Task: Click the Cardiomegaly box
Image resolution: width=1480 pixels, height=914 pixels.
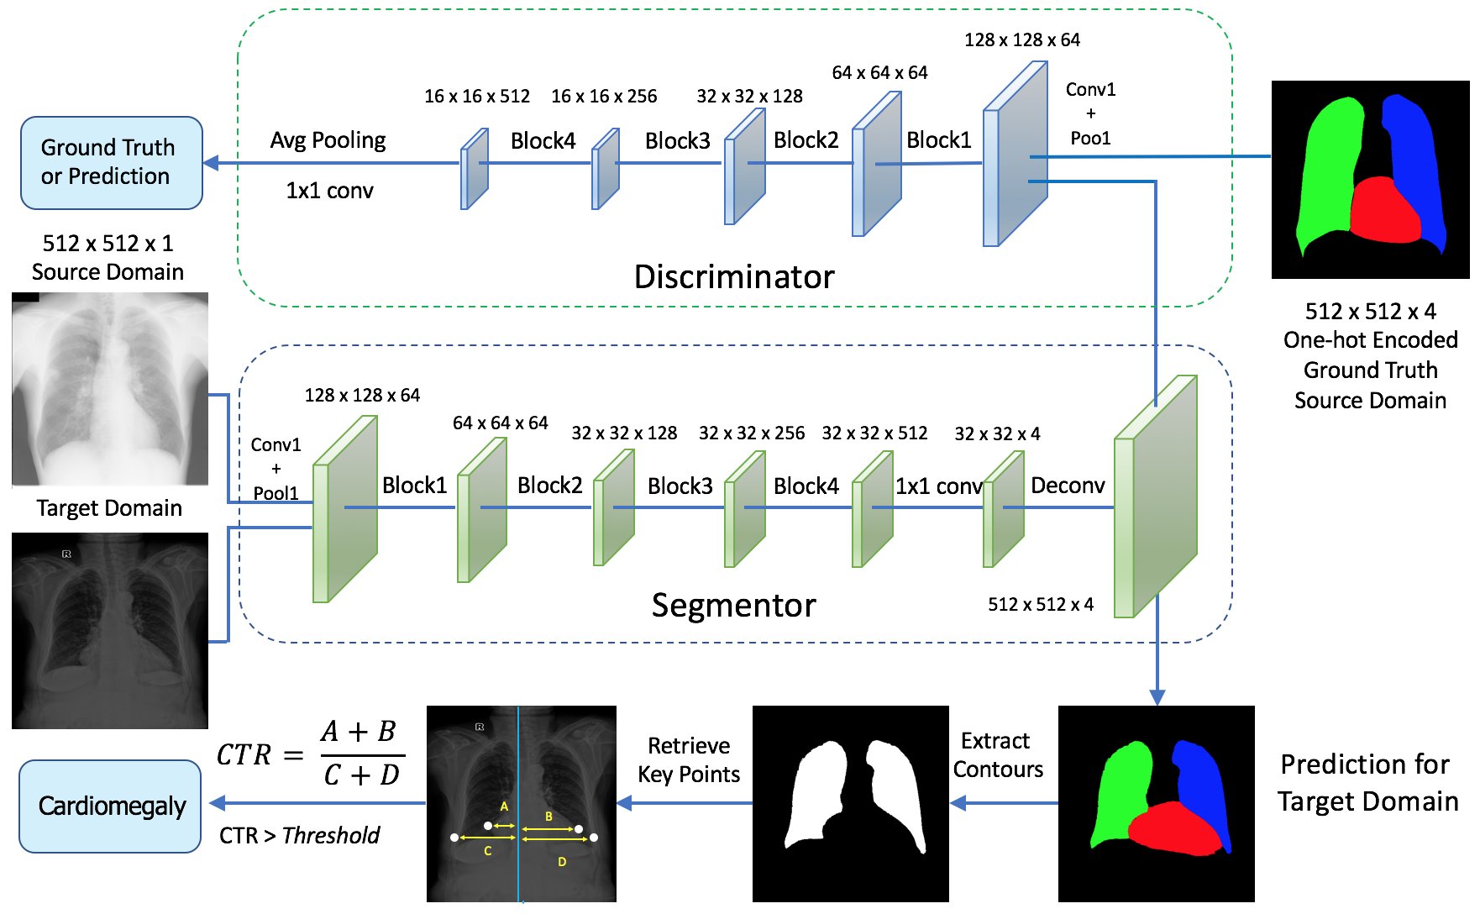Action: (x=110, y=806)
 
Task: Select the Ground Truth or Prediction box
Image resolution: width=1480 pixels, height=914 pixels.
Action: (x=111, y=162)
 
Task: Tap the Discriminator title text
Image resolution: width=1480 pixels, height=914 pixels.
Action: (x=734, y=276)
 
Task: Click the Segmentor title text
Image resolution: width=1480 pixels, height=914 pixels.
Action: (x=733, y=605)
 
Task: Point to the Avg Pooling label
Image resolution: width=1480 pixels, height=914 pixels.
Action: (x=328, y=140)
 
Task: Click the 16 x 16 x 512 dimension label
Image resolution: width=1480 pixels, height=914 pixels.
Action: (x=476, y=96)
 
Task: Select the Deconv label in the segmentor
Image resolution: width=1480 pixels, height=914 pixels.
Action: (x=1067, y=486)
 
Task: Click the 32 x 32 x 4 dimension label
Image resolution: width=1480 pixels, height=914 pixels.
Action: (x=996, y=433)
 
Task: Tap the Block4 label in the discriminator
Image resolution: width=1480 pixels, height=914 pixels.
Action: (x=543, y=140)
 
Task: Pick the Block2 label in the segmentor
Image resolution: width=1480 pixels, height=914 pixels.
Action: (x=549, y=486)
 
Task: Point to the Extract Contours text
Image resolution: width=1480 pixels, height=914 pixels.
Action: (x=997, y=755)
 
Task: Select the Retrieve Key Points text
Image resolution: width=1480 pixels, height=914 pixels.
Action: (x=689, y=759)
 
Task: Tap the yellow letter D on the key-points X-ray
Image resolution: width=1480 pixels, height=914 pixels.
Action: (x=562, y=861)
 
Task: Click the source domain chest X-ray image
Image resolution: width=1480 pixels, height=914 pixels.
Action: (x=110, y=389)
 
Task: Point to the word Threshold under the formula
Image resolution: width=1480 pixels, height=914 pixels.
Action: (x=331, y=835)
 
